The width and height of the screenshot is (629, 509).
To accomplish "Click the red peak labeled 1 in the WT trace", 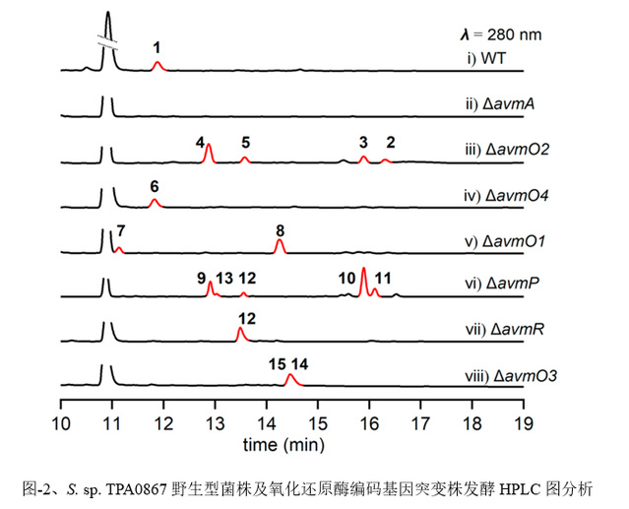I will (157, 65).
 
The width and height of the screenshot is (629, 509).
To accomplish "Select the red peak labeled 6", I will (154, 203).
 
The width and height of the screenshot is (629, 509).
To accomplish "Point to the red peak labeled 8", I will (280, 244).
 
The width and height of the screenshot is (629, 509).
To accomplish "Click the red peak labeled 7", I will (119, 250).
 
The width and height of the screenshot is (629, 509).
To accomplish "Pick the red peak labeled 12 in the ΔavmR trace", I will (240, 334).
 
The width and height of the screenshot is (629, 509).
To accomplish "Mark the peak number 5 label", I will (245, 142).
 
